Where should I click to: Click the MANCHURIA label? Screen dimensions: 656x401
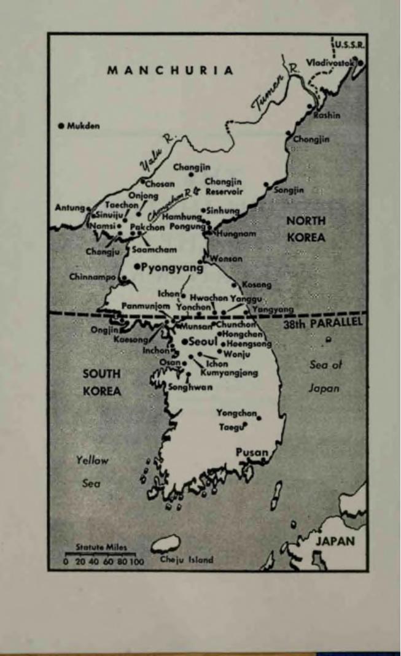tap(171, 70)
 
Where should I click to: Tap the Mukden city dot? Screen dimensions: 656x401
tap(61, 126)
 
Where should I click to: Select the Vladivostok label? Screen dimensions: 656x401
tap(330, 63)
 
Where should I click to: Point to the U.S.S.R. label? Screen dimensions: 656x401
tap(349, 45)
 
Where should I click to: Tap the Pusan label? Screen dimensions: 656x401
tap(252, 452)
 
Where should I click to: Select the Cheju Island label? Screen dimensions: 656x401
tap(187, 559)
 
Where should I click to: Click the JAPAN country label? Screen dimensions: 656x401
tap(335, 541)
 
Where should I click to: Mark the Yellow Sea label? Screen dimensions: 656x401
tap(92, 471)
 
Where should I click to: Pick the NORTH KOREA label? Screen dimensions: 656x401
tap(306, 229)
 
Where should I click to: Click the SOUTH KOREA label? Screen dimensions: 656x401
tap(102, 382)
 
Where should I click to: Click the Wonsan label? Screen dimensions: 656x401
tap(227, 259)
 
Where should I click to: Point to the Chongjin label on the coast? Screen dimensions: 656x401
tap(311, 139)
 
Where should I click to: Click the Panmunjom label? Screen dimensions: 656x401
tap(145, 305)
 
